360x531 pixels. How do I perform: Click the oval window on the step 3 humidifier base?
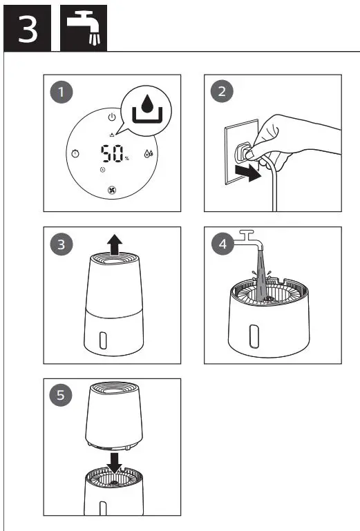click(103, 340)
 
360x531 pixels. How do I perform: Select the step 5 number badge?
click(64, 396)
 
